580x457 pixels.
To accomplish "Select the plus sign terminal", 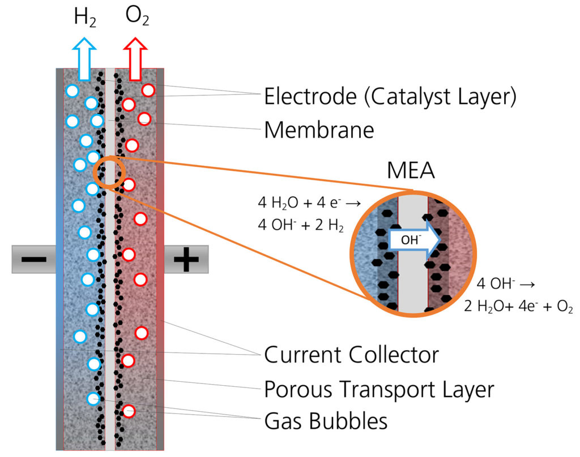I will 186,260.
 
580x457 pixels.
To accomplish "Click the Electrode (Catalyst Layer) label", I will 390,97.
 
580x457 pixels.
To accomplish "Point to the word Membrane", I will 319,131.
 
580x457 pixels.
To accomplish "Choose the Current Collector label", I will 351,355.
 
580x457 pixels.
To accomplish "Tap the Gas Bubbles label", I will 326,421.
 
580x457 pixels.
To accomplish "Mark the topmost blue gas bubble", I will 72,90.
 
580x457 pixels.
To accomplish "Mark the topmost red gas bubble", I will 148,90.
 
